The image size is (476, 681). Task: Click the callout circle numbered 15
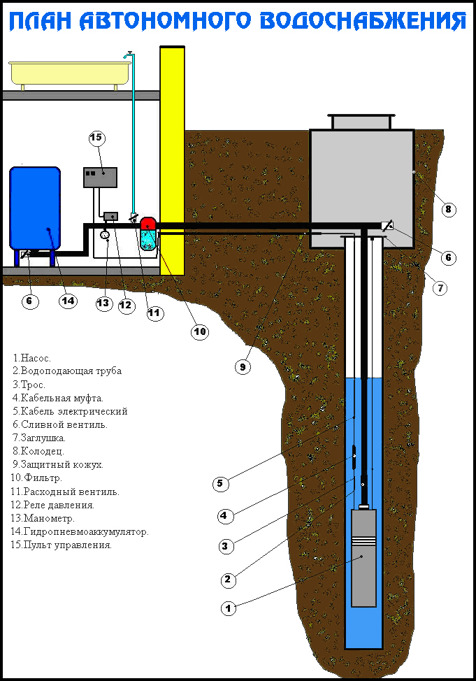96,138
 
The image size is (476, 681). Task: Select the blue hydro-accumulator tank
35,208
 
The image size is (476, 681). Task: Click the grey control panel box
101,177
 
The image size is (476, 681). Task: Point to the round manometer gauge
105,235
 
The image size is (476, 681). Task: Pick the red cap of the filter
148,223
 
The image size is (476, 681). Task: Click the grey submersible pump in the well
363,557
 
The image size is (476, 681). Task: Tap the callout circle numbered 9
243,367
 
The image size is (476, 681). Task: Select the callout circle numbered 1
229,608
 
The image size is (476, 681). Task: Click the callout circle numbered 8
449,210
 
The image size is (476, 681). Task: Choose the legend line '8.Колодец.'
38,451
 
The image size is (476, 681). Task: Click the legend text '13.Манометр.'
43,518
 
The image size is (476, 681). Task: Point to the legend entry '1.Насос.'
31,358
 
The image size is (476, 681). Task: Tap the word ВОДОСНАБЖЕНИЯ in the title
363,21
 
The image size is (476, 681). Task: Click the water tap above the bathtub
129,55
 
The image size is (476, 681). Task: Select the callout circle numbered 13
104,303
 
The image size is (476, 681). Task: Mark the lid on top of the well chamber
362,122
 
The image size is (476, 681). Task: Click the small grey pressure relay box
111,215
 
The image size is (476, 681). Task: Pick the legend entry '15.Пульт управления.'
62,545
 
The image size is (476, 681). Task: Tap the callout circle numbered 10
200,332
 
